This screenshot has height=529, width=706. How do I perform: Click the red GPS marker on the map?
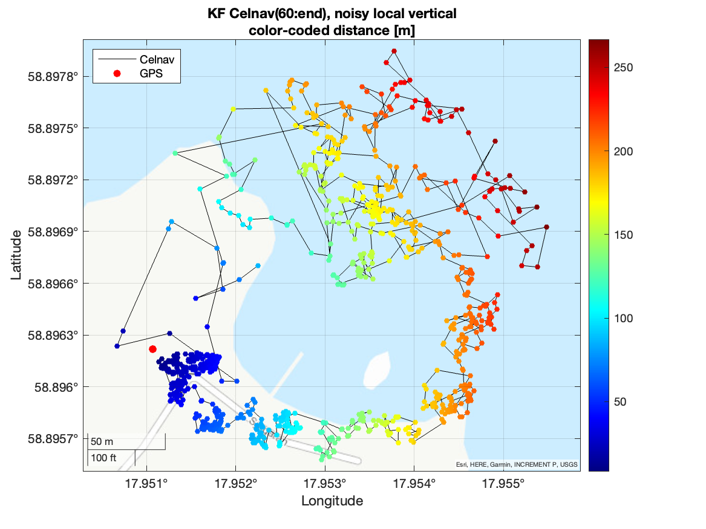[x=152, y=349]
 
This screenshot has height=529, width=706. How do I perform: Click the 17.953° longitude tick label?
[x=325, y=484]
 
